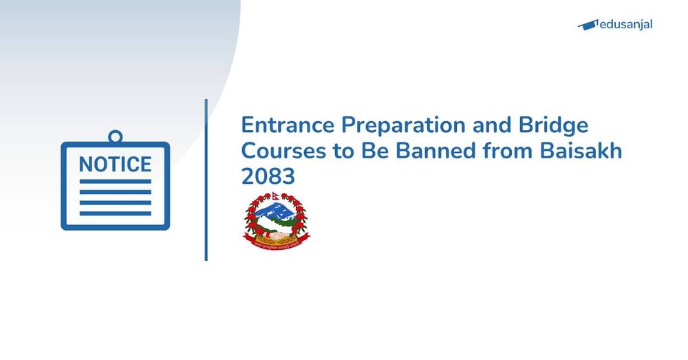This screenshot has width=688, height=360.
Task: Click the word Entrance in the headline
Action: point(283,126)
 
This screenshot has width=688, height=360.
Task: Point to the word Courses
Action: point(283,151)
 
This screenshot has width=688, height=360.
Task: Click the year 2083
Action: point(268,177)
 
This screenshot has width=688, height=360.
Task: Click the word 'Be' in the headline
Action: point(372,151)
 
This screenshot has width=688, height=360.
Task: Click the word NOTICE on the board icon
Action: point(115,165)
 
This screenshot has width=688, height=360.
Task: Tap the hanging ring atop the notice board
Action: point(115,136)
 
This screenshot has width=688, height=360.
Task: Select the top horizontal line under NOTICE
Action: point(115,182)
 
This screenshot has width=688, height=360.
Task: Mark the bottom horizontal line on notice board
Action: point(115,213)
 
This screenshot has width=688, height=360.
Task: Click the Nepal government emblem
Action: point(277,220)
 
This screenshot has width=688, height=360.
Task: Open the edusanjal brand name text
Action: point(625,25)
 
